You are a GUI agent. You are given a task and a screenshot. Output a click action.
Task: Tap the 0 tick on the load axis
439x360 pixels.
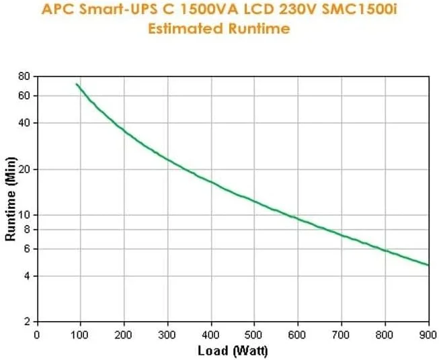click(36, 334)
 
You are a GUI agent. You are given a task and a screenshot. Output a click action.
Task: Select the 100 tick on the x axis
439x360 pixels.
click(80, 334)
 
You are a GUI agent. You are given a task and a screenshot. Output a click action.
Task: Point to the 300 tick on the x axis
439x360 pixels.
click(167, 334)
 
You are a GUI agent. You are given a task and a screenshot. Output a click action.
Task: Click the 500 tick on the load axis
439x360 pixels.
click(254, 334)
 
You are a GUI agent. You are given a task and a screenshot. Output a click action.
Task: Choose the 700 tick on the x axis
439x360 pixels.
click(342, 334)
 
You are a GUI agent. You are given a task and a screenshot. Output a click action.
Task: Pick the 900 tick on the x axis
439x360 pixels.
click(428, 334)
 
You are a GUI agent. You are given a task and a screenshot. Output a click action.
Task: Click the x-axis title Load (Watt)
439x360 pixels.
click(232, 351)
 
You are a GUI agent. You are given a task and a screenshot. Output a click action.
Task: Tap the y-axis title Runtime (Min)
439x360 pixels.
click(10, 199)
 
